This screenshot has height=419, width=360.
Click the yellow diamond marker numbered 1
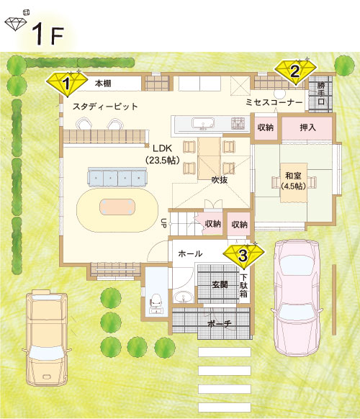click(66, 83)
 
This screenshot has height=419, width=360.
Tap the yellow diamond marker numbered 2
click(295, 70)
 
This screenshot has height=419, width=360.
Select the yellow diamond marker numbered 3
click(243, 253)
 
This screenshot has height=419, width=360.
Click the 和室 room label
click(292, 179)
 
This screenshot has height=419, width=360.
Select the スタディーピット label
click(105, 107)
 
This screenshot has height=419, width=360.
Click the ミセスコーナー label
click(274, 103)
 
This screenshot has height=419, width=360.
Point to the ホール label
click(190, 253)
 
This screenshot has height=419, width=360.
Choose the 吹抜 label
click(219, 179)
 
